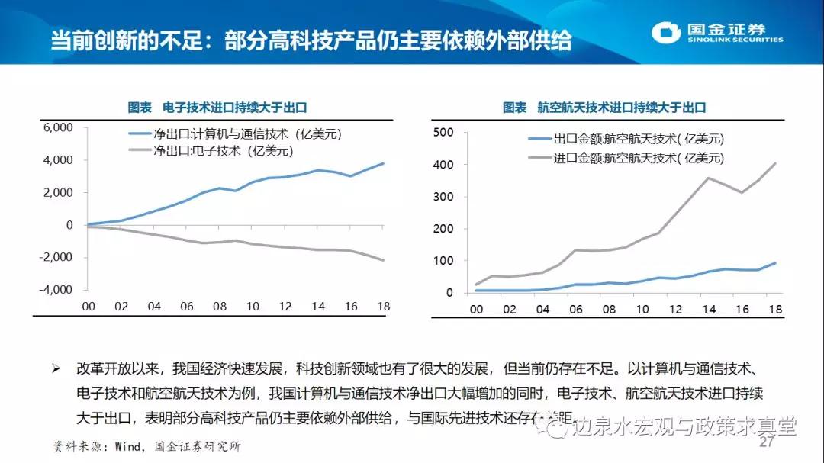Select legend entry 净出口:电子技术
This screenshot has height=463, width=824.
pos(223,151)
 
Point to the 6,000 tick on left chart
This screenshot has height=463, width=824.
pos(59,127)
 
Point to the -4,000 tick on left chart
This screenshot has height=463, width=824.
pos(57,290)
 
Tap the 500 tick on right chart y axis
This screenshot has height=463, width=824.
pos(443,133)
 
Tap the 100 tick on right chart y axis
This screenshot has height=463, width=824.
pos(443,261)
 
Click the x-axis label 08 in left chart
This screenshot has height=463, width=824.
pos(220,306)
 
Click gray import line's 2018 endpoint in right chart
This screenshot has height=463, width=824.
pos(775,162)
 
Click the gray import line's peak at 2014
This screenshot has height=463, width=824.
pos(710,178)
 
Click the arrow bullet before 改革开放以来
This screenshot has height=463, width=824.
pos(56,368)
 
